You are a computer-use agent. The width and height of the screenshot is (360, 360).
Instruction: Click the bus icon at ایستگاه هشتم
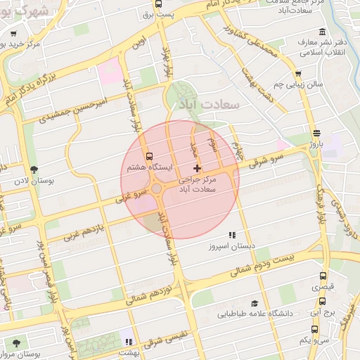148,157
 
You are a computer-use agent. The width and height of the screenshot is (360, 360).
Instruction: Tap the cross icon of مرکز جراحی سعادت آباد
196,168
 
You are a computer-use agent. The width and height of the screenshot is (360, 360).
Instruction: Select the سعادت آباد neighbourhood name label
210,104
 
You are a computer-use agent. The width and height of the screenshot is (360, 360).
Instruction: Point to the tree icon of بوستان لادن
34,169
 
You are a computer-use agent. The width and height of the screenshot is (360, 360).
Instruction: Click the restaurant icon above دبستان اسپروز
231,236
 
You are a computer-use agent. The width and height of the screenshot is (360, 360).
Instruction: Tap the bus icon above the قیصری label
323,276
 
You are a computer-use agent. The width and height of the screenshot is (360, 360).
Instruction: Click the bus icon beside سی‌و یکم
313,329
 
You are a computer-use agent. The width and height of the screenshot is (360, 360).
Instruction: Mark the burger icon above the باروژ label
316,133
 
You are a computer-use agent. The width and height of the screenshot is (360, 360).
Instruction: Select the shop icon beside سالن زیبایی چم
299,73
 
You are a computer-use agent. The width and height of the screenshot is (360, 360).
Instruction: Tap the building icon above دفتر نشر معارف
322,31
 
